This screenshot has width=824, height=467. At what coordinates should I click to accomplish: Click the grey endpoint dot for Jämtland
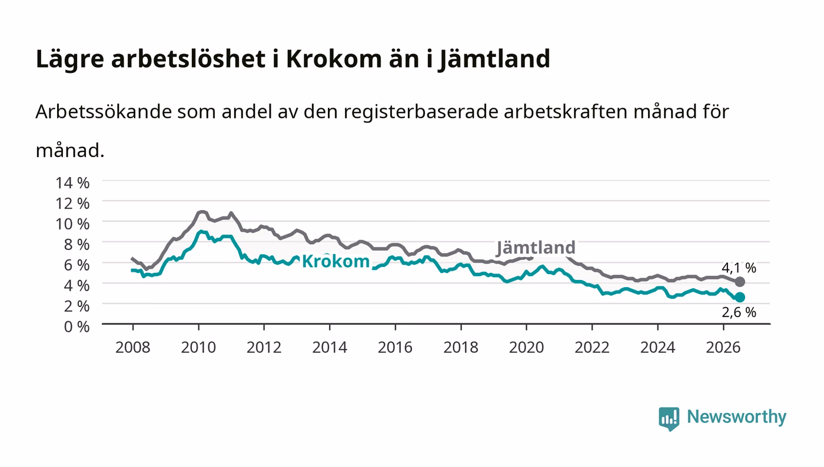(740, 282)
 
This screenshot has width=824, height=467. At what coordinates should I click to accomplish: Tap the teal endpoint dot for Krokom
(740, 297)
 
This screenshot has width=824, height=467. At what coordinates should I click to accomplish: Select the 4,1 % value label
(739, 268)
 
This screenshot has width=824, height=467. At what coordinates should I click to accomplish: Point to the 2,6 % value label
(739, 312)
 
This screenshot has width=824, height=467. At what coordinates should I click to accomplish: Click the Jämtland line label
(536, 248)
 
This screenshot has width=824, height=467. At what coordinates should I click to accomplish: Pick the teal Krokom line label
(335, 262)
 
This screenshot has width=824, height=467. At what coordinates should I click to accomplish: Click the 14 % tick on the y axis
(72, 183)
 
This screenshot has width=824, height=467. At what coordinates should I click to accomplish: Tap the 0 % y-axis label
(77, 326)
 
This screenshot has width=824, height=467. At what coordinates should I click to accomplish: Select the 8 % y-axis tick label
(77, 245)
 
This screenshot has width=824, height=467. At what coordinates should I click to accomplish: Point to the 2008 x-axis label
(133, 347)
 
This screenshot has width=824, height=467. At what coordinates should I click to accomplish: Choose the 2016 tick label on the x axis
(395, 347)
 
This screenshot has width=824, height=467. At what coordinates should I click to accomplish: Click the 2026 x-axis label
(723, 347)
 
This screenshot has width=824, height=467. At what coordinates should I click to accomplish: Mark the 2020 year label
(526, 347)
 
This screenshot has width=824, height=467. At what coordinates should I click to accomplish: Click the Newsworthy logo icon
(669, 418)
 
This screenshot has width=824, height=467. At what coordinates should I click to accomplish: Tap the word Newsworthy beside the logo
(736, 417)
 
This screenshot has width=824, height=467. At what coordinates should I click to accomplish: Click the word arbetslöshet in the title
(188, 59)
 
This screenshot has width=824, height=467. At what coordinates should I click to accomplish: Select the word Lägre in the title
(70, 59)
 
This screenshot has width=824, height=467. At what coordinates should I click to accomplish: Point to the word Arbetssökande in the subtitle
(104, 111)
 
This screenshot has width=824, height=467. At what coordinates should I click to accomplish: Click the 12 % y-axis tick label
(72, 204)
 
